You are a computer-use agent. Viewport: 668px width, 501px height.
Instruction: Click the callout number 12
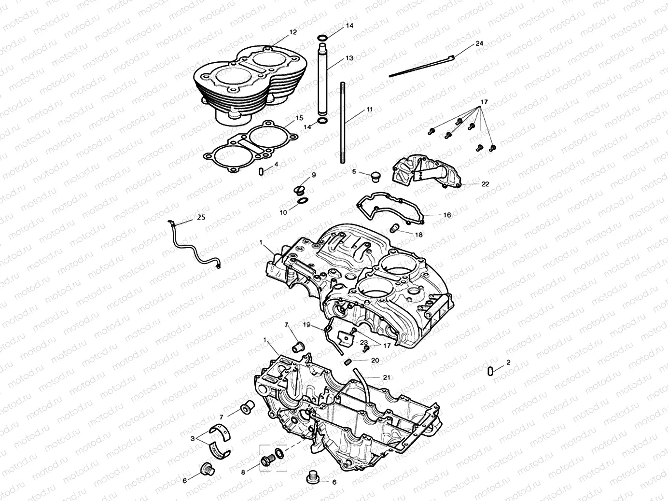293,32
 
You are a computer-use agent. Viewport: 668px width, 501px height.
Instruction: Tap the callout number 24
479,43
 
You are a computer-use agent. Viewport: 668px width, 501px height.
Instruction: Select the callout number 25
201,218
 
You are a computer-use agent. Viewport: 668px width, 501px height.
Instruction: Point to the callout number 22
485,184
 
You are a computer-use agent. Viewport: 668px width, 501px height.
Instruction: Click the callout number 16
447,215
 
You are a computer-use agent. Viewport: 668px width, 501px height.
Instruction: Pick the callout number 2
508,362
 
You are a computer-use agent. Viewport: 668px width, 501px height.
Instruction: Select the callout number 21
387,377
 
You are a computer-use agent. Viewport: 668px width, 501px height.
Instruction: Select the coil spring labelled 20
349,362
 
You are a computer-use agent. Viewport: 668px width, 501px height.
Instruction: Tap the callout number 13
349,58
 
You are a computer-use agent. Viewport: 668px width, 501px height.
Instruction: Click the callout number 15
299,118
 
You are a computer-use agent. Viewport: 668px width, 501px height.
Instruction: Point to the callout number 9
313,175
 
